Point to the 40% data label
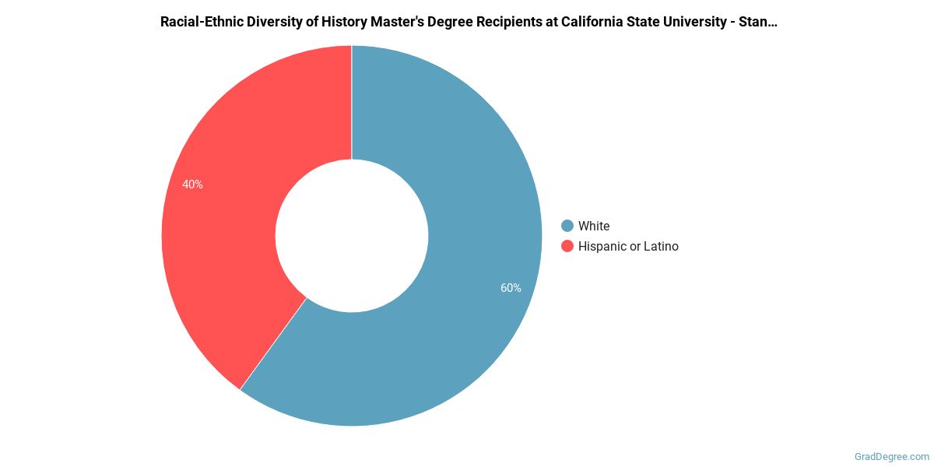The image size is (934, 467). click(192, 184)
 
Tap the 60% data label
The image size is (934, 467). click(511, 288)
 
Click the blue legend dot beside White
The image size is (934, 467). click(567, 226)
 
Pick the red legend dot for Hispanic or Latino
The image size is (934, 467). click(567, 246)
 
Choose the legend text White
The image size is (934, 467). click(594, 226)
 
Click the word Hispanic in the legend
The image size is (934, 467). click(602, 246)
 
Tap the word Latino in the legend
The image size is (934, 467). click(662, 246)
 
